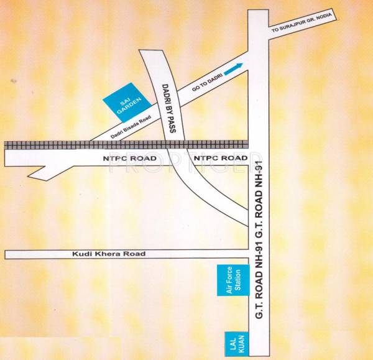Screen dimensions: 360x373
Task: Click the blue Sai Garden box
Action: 126,101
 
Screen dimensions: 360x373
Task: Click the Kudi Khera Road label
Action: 108,254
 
